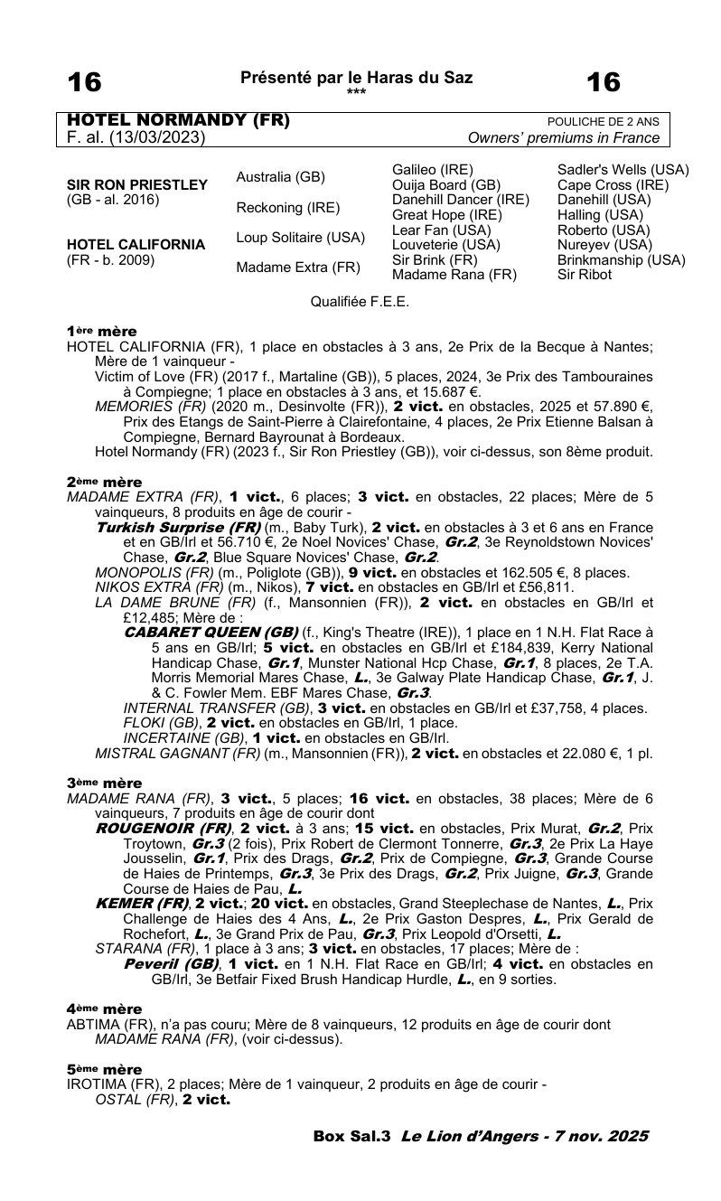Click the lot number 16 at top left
coord(85,83)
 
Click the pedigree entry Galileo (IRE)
coord(433,170)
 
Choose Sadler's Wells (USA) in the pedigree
coord(623,170)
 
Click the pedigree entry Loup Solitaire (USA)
coord(300,238)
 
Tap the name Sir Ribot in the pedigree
coord(585,274)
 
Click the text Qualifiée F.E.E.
coord(360,302)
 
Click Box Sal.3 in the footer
coord(351,1137)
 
